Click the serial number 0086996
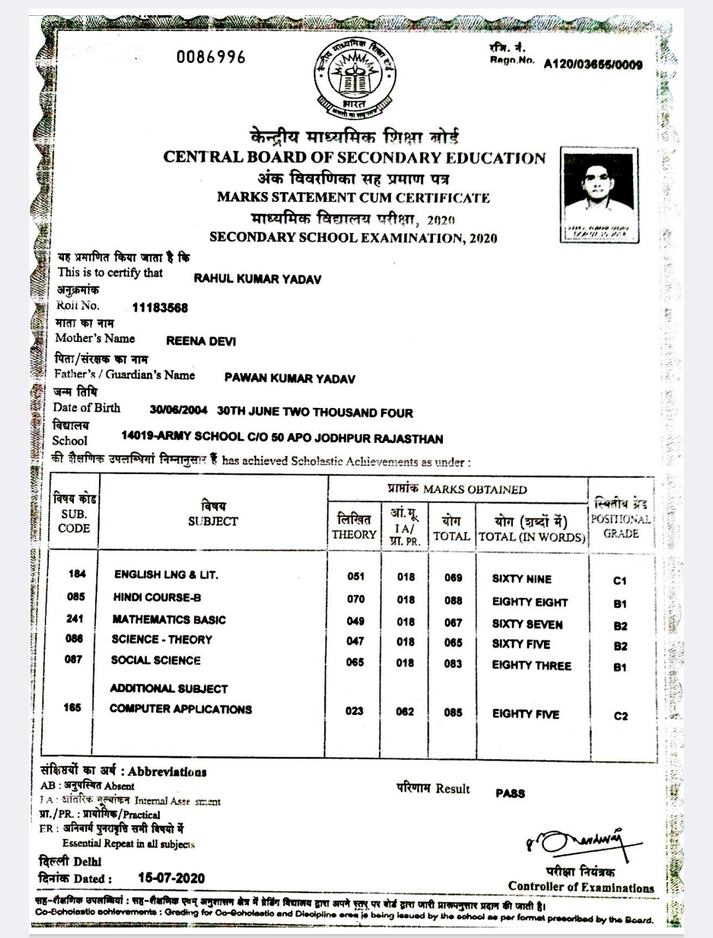point(211,57)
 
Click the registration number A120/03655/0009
point(592,64)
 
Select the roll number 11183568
point(160,308)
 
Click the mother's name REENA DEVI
point(201,341)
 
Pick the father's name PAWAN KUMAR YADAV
point(289,378)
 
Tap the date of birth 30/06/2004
point(178,411)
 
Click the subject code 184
point(77,574)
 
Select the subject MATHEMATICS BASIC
point(169,620)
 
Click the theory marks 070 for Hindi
point(355,599)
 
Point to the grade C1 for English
point(619,581)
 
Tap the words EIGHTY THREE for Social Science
point(531,665)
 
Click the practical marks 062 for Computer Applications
point(405,712)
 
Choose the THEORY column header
point(354,534)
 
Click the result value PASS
point(510,793)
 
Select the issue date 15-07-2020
point(171,879)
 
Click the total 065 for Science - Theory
point(453,643)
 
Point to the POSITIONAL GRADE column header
point(620,526)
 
